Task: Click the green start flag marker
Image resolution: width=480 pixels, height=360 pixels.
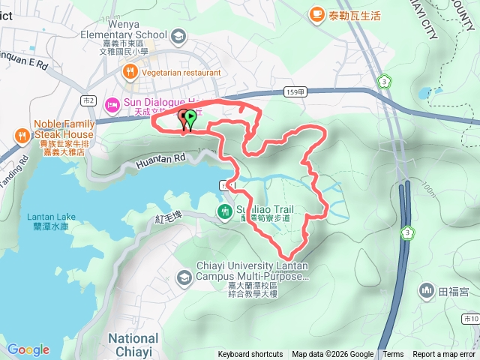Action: coord(190,118)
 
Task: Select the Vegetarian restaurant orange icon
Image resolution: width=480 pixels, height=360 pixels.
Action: coord(130,72)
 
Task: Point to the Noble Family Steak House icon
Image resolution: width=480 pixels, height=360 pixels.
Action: coord(20,136)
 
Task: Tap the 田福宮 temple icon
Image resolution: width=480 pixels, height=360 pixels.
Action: coord(427,289)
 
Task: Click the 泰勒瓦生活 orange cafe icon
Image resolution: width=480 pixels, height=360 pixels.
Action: coord(316,14)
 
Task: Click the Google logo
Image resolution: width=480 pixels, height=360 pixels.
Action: coord(28,349)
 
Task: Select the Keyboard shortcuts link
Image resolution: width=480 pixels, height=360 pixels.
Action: coord(250,355)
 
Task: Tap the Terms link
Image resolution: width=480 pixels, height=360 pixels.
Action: coord(393,355)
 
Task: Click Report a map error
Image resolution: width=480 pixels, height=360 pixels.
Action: coord(445,355)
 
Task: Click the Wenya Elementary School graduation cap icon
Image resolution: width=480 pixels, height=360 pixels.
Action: coord(178,35)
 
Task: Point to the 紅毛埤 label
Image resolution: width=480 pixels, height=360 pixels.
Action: coord(169,217)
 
